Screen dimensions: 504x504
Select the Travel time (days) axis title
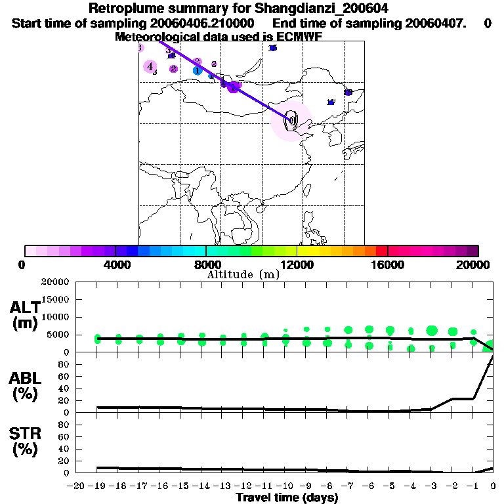tap(287, 498)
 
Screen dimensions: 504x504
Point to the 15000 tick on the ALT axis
tap(55, 299)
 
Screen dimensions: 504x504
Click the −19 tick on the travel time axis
tap(97, 486)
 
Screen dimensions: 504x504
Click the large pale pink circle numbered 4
tap(150, 66)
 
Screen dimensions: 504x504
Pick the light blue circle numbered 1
tap(197, 70)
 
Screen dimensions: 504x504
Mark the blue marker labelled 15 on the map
tap(273, 48)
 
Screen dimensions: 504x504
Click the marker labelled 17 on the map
tap(331, 102)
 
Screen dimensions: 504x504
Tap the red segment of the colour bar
tap(381, 251)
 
